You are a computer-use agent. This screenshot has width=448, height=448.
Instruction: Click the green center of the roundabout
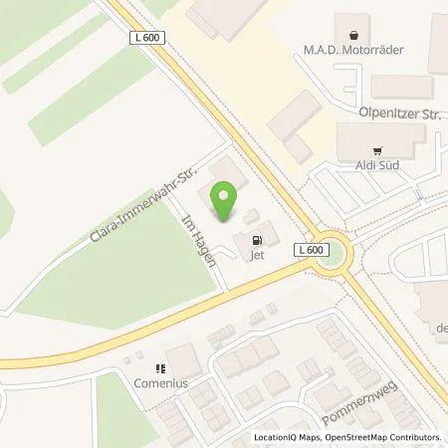click(340, 255)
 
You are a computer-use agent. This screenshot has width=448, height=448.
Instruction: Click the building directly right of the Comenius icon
click(182, 362)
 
